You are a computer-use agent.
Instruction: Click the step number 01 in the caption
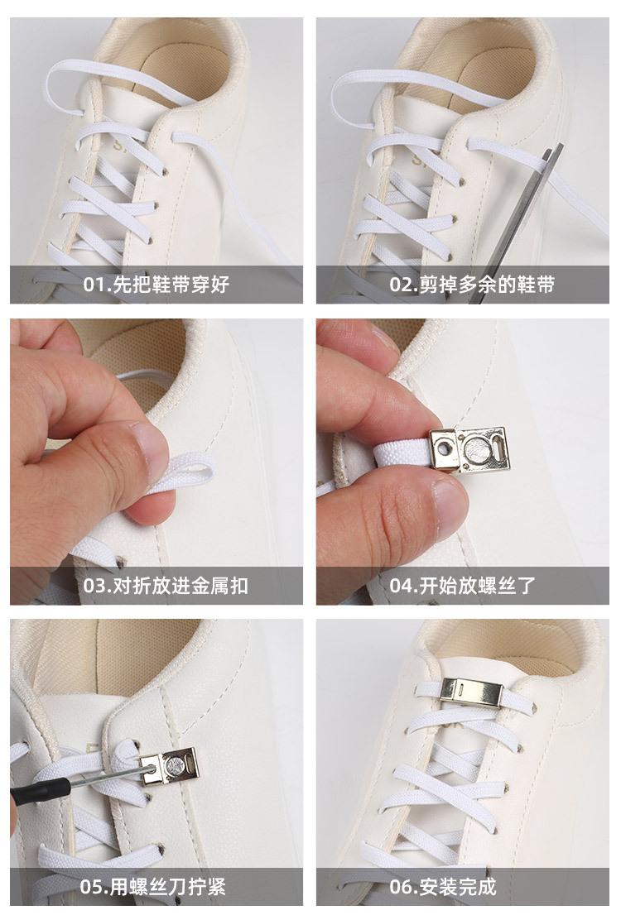tap(94, 285)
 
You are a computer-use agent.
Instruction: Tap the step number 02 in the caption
tap(401, 285)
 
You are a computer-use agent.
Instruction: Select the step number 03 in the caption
tap(94, 585)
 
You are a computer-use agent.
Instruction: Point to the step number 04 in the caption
tap(401, 585)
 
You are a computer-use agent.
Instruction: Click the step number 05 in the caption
tap(90, 887)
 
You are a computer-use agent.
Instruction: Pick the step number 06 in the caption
tap(401, 887)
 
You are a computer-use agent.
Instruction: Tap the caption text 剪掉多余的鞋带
tap(487, 285)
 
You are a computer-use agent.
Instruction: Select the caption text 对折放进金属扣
tap(180, 585)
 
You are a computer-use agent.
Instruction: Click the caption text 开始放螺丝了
tap(477, 585)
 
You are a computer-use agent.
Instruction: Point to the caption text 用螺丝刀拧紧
tap(167, 887)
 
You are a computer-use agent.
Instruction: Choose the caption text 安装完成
tap(458, 887)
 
